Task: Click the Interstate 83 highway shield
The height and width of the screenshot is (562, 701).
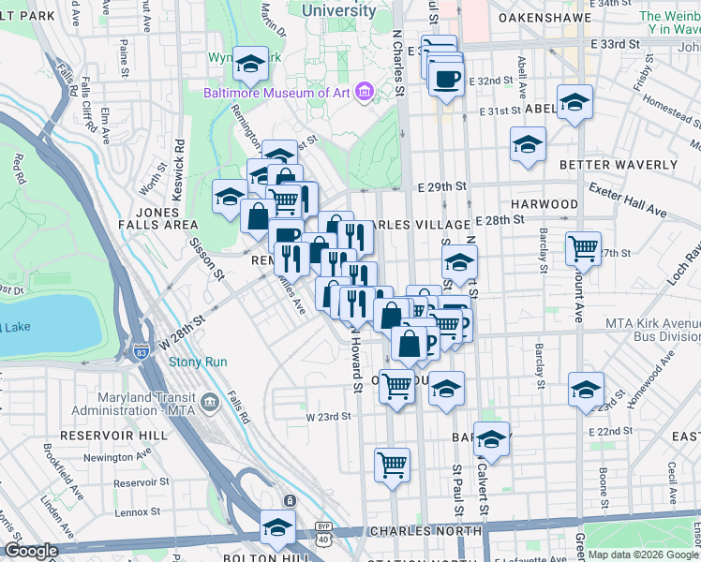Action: pos(141,352)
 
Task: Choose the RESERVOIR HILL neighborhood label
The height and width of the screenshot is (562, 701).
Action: pos(99,436)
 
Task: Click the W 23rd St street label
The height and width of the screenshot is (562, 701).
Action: pos(328,416)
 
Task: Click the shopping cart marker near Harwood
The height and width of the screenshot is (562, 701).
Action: pos(584,248)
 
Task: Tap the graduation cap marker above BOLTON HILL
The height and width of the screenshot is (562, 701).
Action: pos(277,525)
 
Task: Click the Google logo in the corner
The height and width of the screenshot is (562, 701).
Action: pos(31,551)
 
